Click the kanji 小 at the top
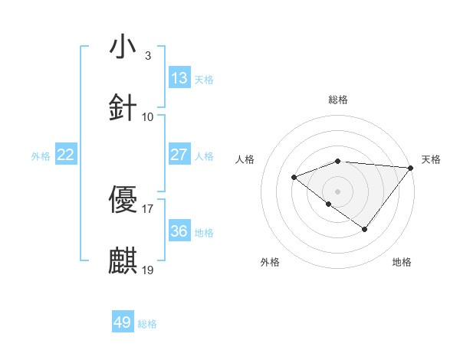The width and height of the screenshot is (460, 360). coord(123,47)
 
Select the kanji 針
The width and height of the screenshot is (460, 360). coord(123,108)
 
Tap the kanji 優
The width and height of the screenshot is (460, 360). coord(123,200)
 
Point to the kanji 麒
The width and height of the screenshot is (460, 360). coord(123,260)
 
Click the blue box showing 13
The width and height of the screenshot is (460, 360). coord(179,78)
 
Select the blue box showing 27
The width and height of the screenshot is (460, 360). coord(179,155)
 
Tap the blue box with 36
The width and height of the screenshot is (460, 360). coord(179,231)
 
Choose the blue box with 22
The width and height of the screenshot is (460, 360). coord(66,155)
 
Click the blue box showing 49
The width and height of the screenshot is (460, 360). coord(123,322)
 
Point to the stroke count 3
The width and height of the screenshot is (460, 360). coord(148,55)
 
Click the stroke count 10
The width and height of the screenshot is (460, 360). coord(148,116)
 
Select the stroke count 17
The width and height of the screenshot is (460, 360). coord(148,208)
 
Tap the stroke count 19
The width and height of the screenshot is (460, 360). coord(148,269)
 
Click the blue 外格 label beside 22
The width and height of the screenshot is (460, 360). coord(41,156)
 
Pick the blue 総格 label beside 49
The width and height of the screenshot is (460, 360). coord(147,324)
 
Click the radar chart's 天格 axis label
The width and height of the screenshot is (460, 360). coord(431,159)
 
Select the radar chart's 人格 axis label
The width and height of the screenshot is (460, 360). coord(245,159)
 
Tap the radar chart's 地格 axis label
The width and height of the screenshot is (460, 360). coord(402,262)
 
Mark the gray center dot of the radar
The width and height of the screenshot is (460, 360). coord(337,191)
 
